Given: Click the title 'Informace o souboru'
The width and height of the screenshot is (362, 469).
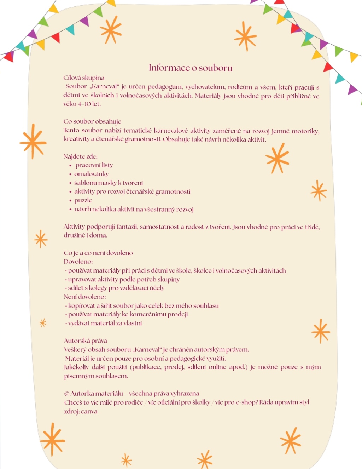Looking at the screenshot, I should [x=191, y=68].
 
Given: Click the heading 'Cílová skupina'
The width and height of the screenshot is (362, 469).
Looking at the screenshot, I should [x=84, y=78].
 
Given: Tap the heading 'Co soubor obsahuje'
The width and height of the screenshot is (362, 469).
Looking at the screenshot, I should [x=92, y=121].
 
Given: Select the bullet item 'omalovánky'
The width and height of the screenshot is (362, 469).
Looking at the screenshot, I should [x=91, y=174].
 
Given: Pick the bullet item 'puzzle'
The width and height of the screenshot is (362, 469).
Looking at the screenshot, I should [x=83, y=200].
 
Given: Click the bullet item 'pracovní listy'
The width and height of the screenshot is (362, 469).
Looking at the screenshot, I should [x=94, y=165].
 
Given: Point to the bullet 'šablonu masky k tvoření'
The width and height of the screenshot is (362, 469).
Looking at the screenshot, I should [x=109, y=183].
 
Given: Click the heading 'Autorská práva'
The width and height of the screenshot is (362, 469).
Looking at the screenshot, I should [x=85, y=341].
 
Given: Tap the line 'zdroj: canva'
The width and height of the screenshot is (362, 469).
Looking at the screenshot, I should [x=81, y=411].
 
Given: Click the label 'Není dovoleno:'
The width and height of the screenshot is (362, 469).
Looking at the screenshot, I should [x=85, y=297].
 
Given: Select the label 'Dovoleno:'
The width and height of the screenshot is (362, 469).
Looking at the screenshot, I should [x=78, y=262].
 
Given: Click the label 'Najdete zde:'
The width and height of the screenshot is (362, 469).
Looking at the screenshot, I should [x=80, y=156].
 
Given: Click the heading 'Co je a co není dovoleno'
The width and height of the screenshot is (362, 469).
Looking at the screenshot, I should [x=98, y=253].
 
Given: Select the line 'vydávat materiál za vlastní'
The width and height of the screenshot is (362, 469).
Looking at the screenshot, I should [x=105, y=323].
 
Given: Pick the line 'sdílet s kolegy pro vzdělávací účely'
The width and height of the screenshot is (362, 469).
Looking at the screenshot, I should [x=116, y=288].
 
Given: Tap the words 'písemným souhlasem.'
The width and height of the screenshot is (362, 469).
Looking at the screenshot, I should [x=96, y=376].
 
